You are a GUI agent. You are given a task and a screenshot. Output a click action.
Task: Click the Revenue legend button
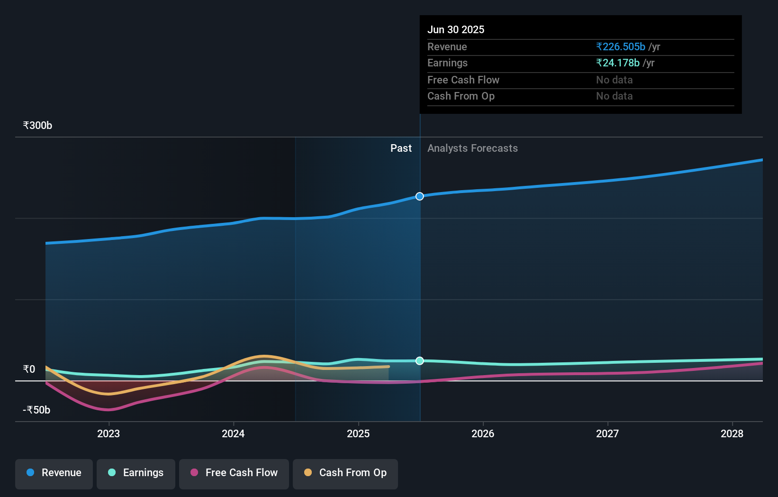54,473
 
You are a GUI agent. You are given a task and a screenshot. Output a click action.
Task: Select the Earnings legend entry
136,473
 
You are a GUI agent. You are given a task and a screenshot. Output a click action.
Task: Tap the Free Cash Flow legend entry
234,473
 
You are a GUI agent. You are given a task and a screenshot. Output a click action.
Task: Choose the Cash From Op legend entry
345,473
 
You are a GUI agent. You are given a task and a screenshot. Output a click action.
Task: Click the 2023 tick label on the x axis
109,433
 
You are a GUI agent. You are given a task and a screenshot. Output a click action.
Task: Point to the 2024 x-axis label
233,433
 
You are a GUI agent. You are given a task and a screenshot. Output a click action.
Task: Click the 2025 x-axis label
358,433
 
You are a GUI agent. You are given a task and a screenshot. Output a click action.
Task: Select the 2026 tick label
483,433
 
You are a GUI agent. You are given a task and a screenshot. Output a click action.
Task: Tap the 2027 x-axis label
607,433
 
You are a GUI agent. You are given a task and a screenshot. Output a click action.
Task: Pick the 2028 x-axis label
732,433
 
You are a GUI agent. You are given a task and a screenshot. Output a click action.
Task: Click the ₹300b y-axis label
37,126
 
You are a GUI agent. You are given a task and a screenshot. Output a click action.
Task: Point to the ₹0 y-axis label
29,369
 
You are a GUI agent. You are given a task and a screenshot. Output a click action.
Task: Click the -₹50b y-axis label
36,410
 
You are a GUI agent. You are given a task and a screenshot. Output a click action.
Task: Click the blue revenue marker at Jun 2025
420,196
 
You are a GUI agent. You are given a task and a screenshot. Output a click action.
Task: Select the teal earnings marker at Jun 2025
420,361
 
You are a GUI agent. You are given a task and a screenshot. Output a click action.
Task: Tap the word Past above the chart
401,148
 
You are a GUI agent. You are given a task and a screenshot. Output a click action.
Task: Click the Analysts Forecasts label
472,148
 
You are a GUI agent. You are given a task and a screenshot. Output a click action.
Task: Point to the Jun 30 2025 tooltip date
456,30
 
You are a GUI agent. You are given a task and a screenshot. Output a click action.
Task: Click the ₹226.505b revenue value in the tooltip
621,47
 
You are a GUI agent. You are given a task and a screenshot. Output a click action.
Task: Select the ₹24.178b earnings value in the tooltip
618,63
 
